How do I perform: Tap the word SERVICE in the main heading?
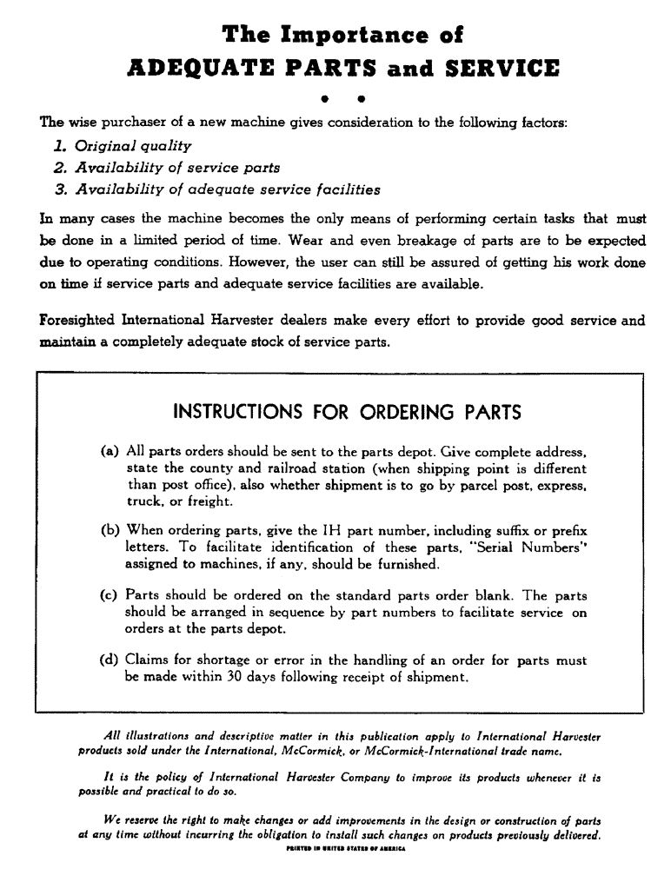click(x=489, y=69)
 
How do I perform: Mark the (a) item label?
click(x=110, y=452)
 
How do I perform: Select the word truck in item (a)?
click(x=145, y=502)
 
